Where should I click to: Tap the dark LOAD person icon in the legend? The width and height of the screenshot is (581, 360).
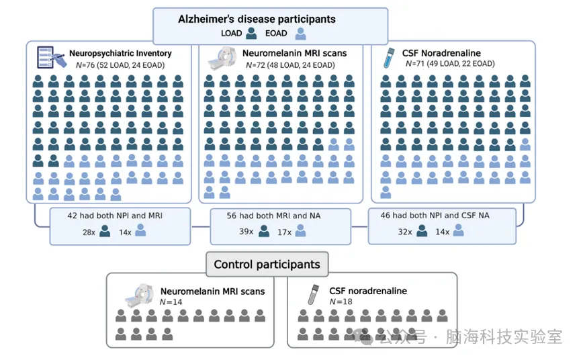click(x=251, y=33)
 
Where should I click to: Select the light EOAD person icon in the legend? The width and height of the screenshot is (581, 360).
click(x=301, y=33)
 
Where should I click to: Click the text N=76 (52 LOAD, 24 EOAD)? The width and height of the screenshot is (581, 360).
click(x=111, y=64)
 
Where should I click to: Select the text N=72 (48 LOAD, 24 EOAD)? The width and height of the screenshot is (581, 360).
click(x=283, y=64)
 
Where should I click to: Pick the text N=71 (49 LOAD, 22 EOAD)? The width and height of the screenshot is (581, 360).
click(x=451, y=64)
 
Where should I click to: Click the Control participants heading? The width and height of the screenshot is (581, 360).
click(x=267, y=264)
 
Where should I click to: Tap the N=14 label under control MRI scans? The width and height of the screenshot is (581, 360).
click(x=171, y=302)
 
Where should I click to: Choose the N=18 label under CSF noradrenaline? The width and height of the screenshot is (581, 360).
click(x=340, y=302)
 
